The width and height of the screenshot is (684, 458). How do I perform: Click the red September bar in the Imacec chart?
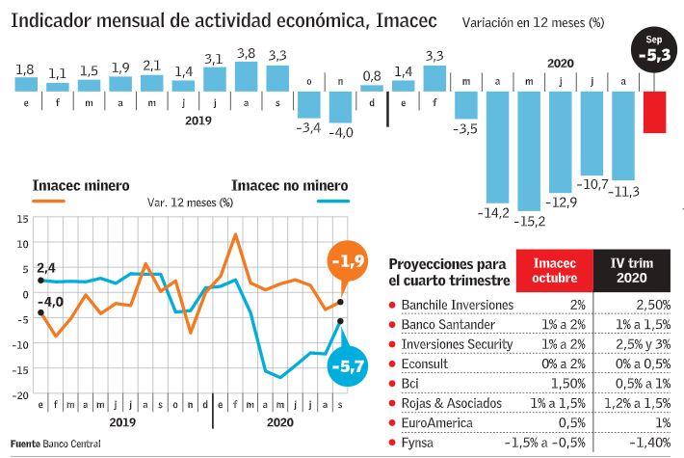[655, 112]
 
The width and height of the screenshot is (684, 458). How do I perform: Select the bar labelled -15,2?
[529, 150]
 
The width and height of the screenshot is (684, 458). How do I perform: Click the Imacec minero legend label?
[81, 186]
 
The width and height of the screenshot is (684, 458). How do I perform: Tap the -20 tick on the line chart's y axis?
[18, 393]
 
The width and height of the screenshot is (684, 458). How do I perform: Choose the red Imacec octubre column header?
[554, 271]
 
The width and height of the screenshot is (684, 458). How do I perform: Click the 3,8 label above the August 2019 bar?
[246, 54]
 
